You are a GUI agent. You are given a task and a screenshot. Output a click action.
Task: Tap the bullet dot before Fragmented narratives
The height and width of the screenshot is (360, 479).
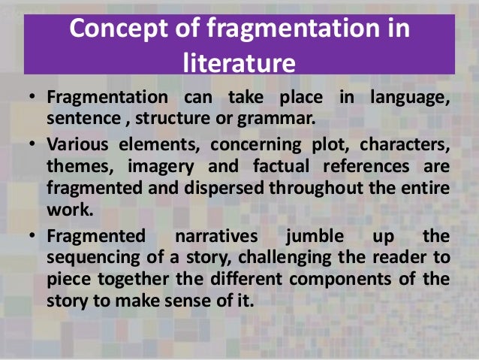point(32,236)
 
